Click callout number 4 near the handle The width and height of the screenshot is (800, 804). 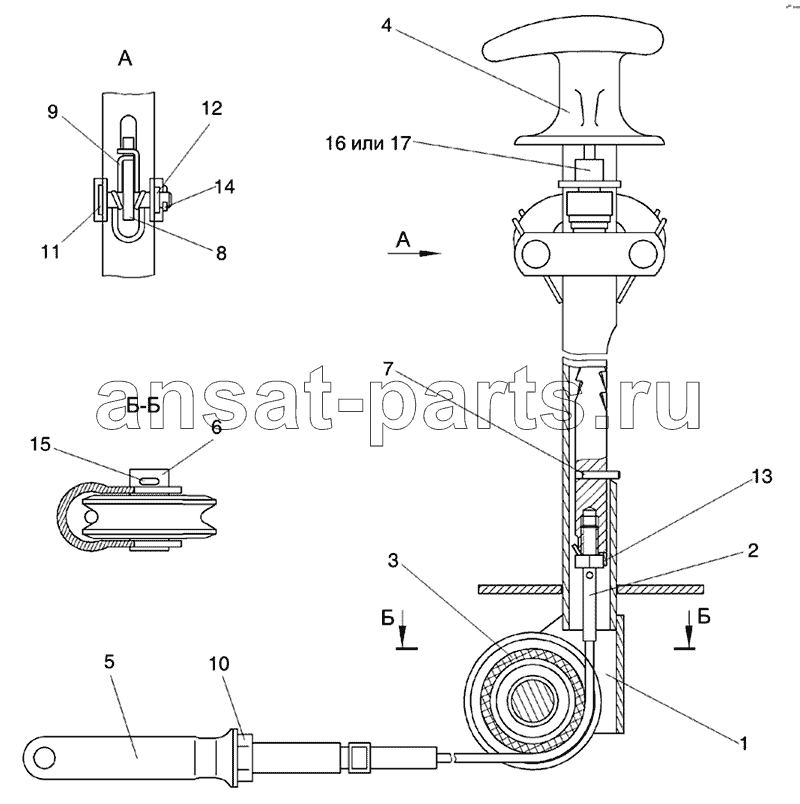387,25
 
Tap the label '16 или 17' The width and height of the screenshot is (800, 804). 368,143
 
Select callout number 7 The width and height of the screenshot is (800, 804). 388,369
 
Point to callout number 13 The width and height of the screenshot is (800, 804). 762,476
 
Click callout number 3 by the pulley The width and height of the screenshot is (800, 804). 393,561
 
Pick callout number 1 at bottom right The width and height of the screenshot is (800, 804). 743,743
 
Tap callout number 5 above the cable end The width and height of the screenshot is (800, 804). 109,662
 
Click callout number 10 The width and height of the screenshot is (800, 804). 218,664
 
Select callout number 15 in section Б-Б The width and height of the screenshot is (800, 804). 40,444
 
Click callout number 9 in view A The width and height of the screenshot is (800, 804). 52,111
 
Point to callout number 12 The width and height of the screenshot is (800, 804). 212,108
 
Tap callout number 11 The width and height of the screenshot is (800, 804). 51,252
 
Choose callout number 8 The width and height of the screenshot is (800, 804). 221,253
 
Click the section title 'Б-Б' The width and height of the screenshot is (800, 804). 144,406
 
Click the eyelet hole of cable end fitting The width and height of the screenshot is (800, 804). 45,757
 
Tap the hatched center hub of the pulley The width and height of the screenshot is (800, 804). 532,701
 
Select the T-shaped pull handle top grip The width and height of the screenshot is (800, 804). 573,45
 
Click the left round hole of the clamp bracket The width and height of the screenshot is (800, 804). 536,253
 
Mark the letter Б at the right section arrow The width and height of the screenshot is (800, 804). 704,616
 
